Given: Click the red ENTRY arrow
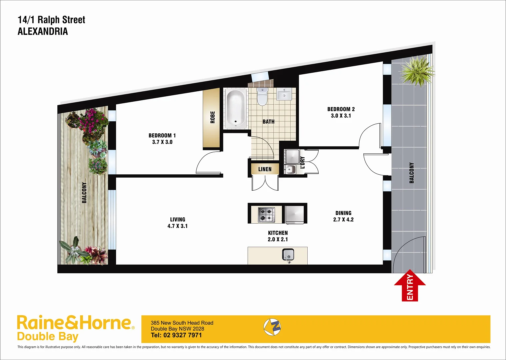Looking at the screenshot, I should click(x=410, y=287).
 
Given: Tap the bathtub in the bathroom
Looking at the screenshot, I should click(x=236, y=108).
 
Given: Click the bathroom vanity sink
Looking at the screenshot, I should click(x=284, y=94).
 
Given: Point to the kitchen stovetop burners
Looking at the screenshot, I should click(x=266, y=214).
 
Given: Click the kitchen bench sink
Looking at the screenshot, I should click(x=288, y=255).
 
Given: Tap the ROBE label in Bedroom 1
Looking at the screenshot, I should click(x=213, y=117).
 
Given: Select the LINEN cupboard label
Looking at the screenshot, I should click(x=265, y=169).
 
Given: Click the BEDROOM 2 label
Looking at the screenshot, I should click(x=341, y=109).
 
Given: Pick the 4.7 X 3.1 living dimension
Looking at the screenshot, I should click(x=177, y=226).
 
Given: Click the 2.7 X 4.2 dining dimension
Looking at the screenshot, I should click(x=343, y=219).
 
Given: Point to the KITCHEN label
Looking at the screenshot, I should click(x=278, y=233).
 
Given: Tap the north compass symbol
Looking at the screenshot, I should click(x=272, y=327).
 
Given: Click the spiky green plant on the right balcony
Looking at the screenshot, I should click(x=416, y=71).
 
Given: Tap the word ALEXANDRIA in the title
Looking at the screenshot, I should click(x=43, y=31).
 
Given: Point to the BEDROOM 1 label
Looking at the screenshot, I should click(x=162, y=136).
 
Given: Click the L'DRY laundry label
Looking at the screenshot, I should click(x=302, y=163).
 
